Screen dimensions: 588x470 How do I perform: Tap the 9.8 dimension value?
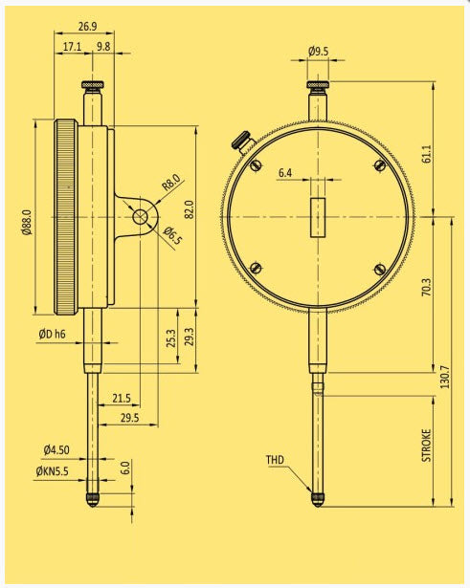[x=103, y=46]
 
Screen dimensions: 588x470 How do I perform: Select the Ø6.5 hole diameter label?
[x=171, y=237]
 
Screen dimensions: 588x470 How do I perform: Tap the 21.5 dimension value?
[x=121, y=398]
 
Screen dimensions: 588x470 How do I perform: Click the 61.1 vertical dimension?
[x=426, y=152]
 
